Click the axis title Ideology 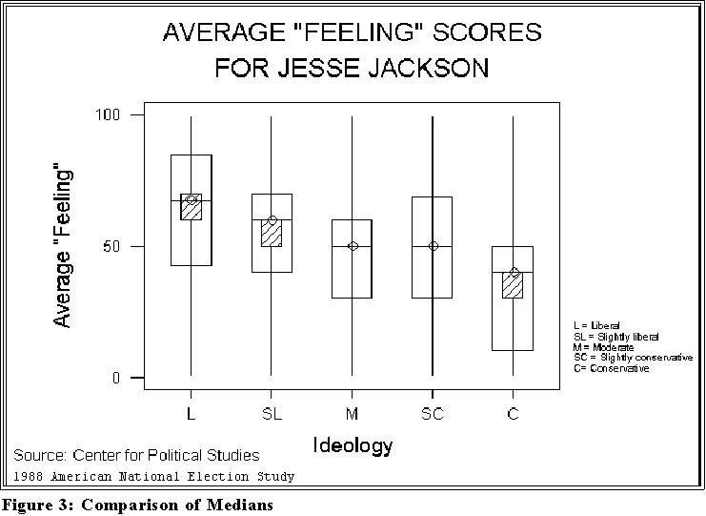[353, 444]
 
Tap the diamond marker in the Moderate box [353, 246]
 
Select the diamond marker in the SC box [433, 246]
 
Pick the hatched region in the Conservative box [514, 286]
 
